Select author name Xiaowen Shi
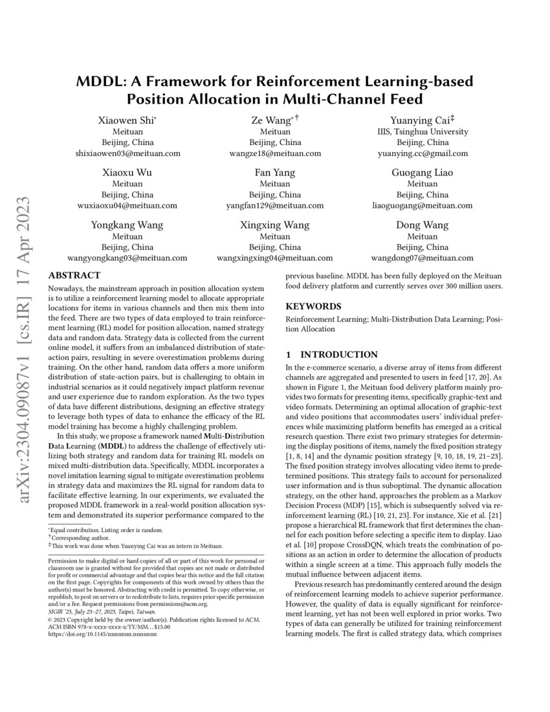coord(127,120)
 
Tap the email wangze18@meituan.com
coord(275,153)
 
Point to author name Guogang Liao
coord(423,172)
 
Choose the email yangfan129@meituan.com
coord(275,206)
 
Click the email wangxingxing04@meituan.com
coord(275,258)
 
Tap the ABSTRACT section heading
coord(74,275)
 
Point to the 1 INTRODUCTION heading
coord(332,354)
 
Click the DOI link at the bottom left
coord(103,634)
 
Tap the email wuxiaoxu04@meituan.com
coord(127,206)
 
